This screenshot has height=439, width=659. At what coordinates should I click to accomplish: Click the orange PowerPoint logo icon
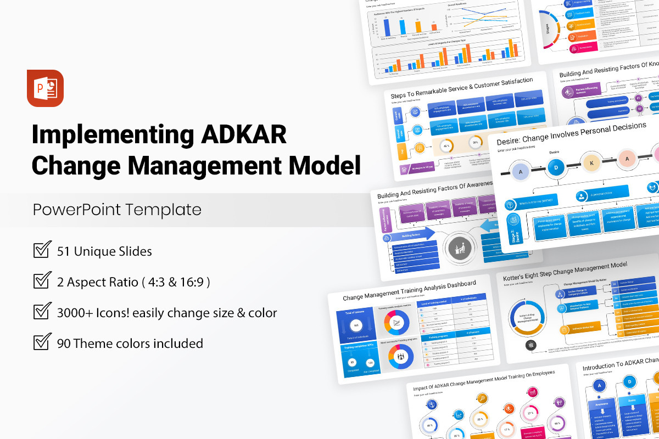(x=45, y=88)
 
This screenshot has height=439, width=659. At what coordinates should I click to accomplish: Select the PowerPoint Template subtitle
(x=117, y=210)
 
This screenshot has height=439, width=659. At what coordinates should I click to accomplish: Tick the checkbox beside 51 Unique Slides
(x=42, y=250)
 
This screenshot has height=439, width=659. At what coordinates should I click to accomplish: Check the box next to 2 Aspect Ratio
(x=42, y=281)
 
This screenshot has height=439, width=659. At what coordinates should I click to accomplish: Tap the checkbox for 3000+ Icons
(x=42, y=312)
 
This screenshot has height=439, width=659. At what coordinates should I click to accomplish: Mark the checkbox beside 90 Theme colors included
(x=42, y=342)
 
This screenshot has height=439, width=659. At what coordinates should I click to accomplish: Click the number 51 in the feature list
(x=64, y=251)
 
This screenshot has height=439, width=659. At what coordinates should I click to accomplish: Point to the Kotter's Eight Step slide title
(x=565, y=271)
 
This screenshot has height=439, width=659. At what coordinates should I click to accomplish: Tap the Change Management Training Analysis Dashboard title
(x=409, y=291)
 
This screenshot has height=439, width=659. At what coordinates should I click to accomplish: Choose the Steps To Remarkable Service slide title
(x=461, y=88)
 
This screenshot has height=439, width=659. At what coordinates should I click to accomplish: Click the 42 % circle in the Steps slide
(x=446, y=147)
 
